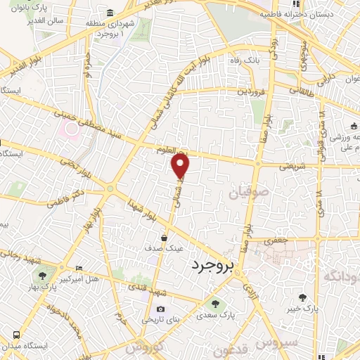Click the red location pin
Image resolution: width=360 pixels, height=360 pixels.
pos(181,167)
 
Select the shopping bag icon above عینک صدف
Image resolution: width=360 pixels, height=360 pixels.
pos(164,238)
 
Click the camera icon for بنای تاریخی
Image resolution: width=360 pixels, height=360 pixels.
pos(160,309)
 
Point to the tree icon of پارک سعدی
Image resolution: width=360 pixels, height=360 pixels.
pos(215,304)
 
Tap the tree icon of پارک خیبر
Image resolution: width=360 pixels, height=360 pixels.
pos(302,298)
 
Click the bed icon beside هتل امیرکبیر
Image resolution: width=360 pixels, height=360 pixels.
pos(79,269)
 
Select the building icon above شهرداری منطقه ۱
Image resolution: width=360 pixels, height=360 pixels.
pos(110,13)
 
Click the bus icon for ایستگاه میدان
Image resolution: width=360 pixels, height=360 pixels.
pos(15,334)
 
